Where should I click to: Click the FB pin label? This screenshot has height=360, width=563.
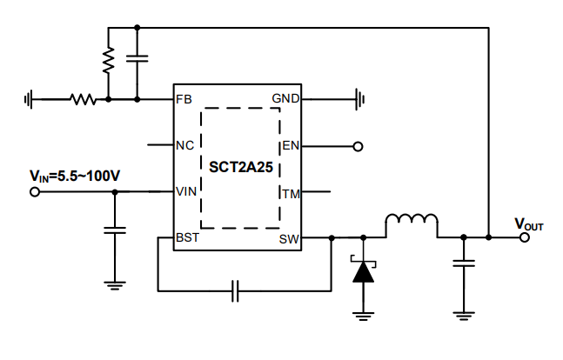click(183, 99)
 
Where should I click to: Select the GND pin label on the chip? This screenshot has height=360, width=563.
click(285, 99)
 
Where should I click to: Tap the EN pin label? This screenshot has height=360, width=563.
click(290, 146)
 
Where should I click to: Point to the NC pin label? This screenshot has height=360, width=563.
click(184, 145)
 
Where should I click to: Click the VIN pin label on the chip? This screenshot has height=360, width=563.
click(186, 191)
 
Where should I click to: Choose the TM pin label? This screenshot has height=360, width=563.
click(290, 192)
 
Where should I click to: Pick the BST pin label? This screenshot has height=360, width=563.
click(187, 237)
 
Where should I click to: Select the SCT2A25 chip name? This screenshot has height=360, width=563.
click(238, 164)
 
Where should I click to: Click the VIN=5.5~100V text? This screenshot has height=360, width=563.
click(74, 176)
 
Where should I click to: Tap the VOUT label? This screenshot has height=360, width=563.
click(528, 224)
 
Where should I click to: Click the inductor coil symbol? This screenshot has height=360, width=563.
click(412, 224)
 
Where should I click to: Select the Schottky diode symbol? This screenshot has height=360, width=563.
click(362, 270)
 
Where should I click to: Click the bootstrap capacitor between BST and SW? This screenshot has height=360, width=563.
click(236, 290)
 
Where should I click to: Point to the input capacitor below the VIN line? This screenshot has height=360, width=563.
click(114, 230)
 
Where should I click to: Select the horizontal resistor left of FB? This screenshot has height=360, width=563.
click(82, 99)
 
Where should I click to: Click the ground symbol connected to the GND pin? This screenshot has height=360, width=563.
click(358, 99)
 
